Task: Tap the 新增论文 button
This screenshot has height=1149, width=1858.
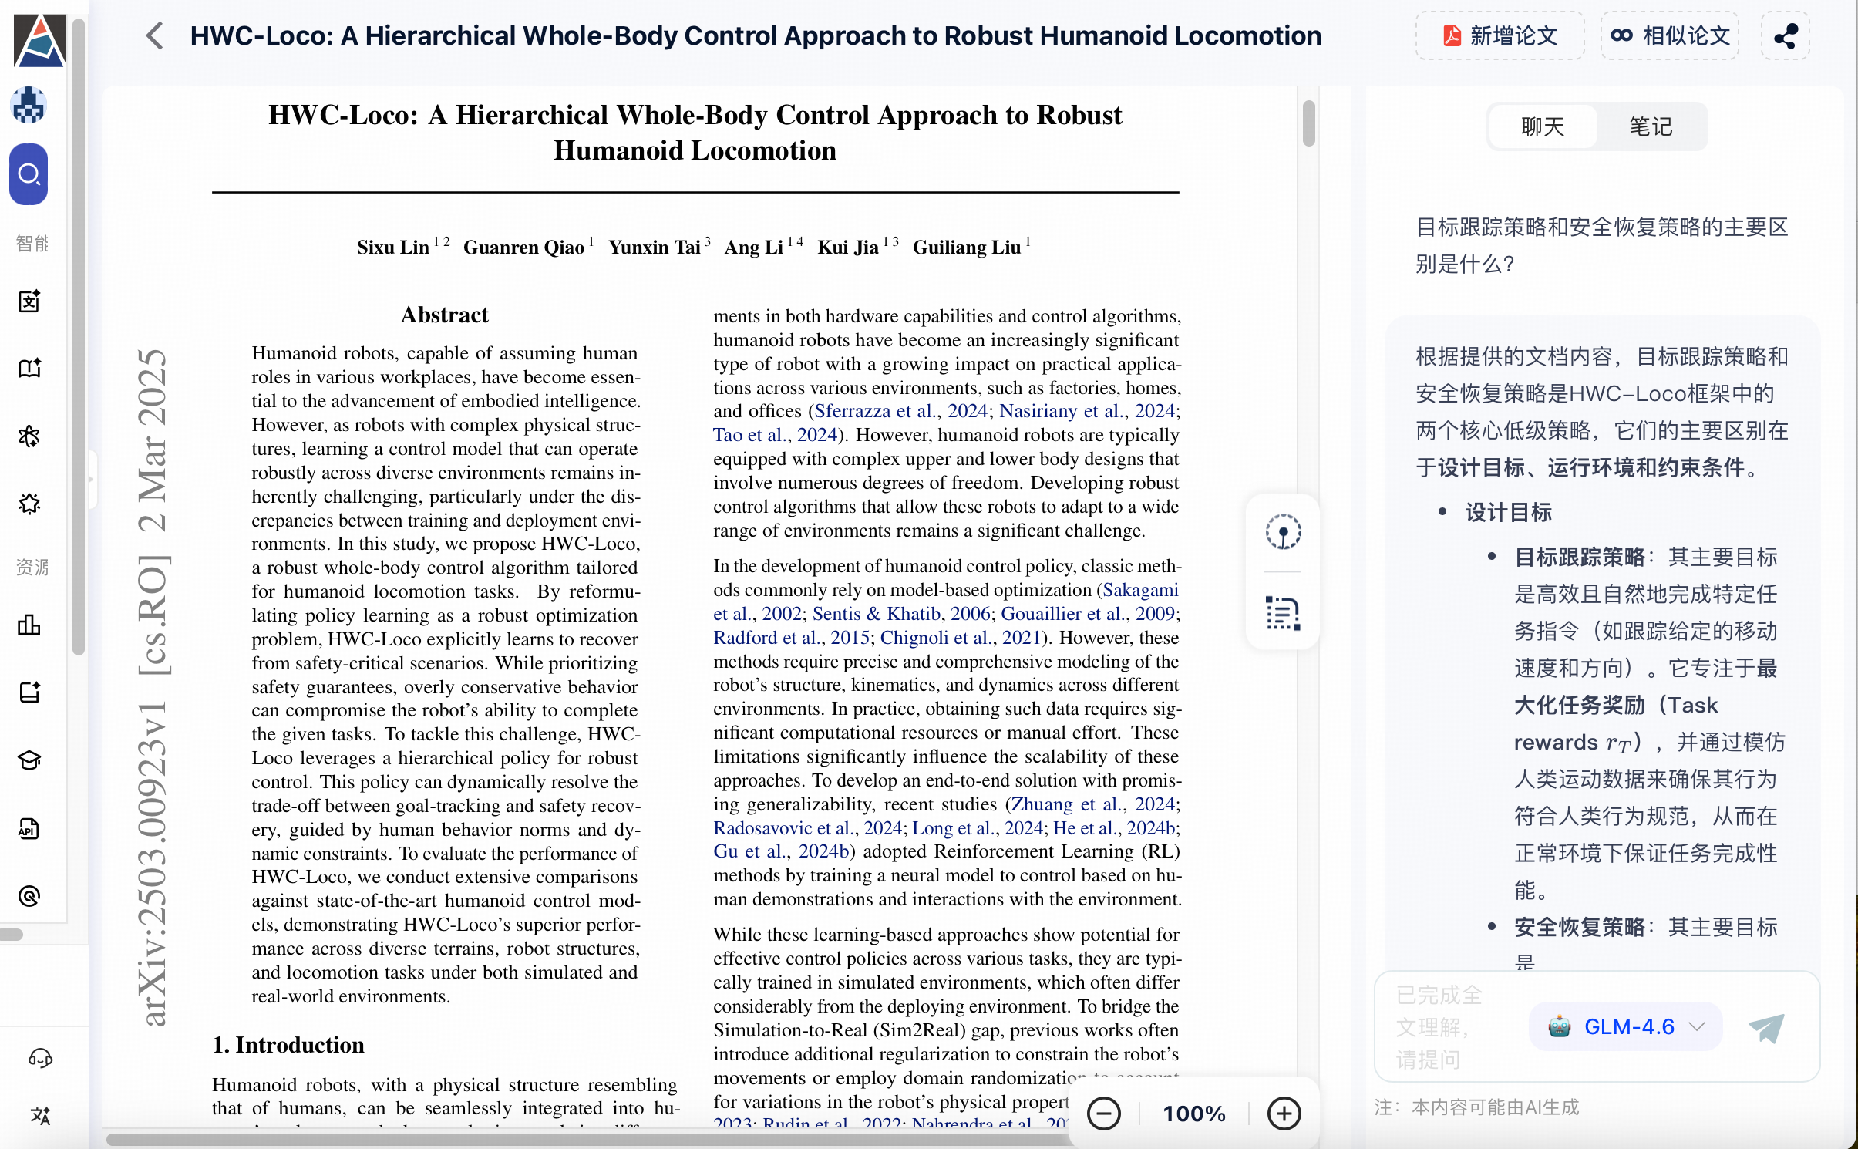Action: tap(1500, 35)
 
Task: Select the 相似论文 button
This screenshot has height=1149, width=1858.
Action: tap(1670, 35)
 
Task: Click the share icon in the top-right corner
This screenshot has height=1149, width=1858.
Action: tap(1786, 35)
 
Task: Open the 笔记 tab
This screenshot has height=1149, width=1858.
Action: tap(1651, 126)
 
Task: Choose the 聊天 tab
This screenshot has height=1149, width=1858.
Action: tap(1543, 126)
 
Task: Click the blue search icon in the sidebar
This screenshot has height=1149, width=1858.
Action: tap(29, 174)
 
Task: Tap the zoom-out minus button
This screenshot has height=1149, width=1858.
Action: tap(1103, 1114)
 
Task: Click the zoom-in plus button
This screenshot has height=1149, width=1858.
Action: tap(1284, 1114)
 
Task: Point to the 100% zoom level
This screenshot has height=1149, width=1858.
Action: tap(1193, 1114)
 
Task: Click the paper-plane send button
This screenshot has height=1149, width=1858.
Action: tap(1766, 1027)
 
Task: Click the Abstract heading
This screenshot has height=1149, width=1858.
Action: tap(444, 315)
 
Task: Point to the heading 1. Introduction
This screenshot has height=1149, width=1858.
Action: tap(288, 1045)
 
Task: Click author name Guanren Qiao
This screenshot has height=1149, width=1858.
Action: tap(523, 248)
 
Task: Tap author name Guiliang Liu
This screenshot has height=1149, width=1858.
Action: tap(967, 248)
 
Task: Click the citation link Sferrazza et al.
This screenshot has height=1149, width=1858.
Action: tap(876, 411)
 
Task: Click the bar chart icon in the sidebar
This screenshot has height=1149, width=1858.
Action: tap(29, 625)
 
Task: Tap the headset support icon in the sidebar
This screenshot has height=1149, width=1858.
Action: tap(40, 1058)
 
